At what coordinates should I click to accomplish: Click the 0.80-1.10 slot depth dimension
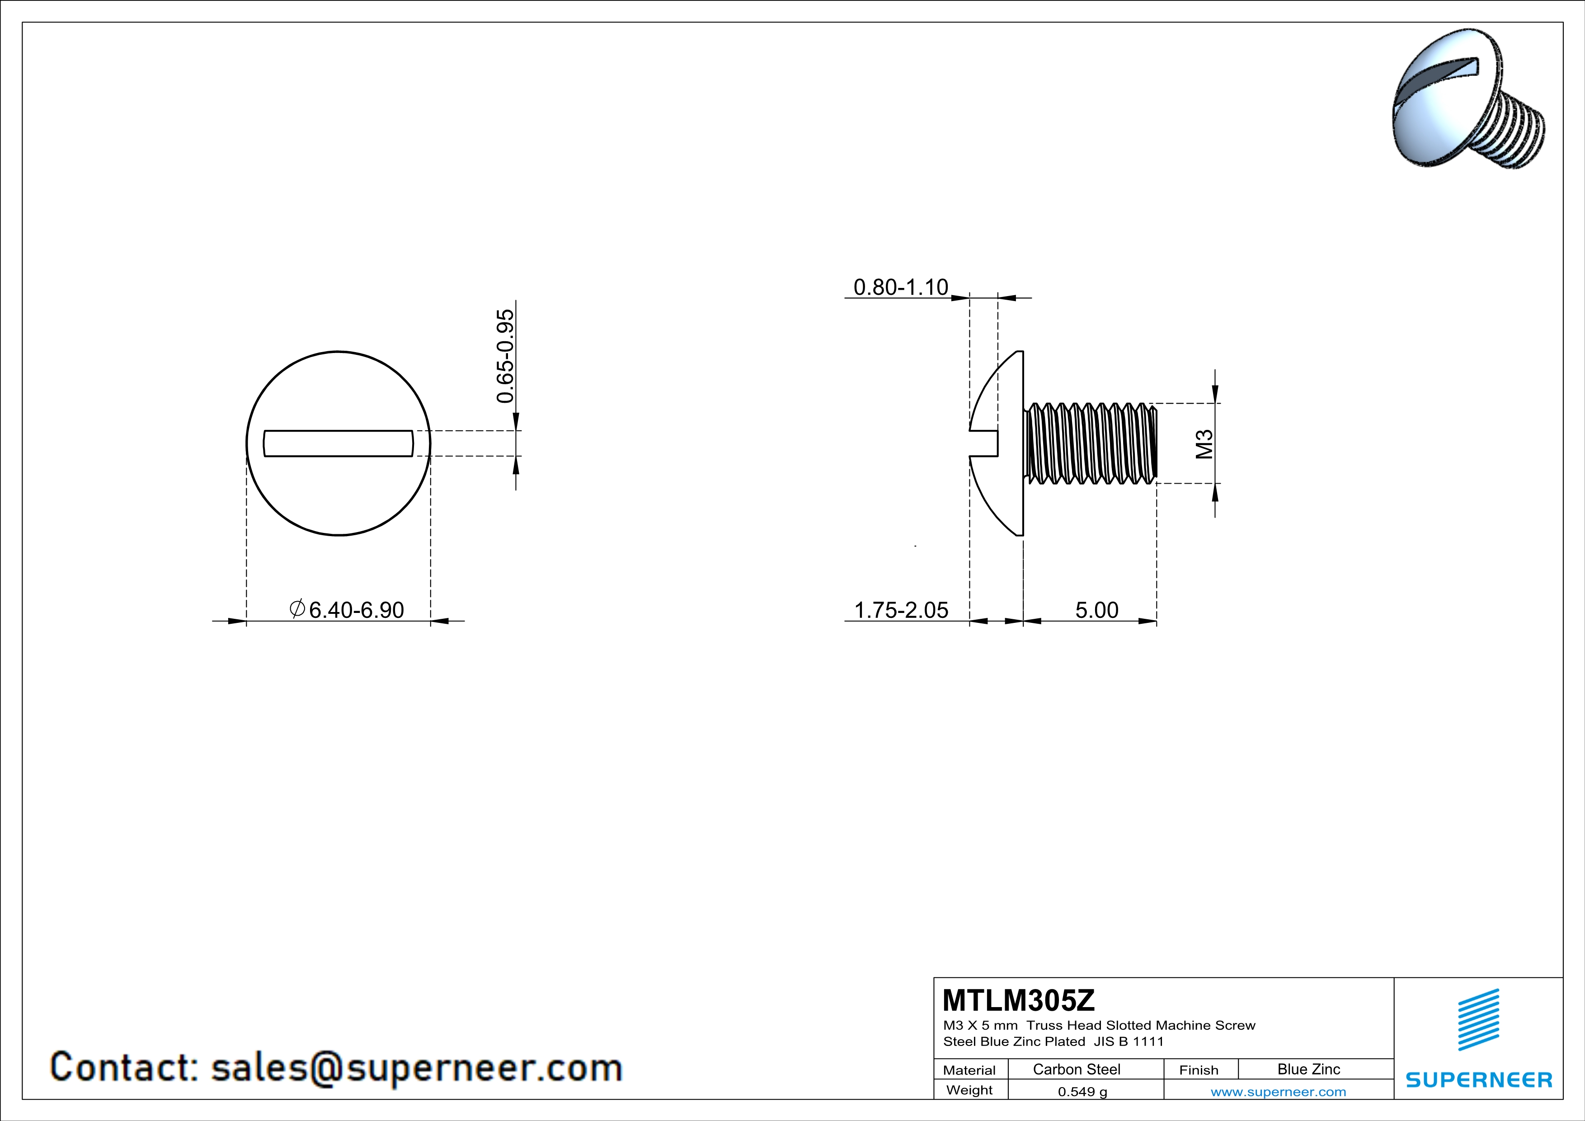coord(900,287)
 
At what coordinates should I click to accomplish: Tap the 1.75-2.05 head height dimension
coord(901,610)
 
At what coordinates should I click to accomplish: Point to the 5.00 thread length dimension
coord(1096,610)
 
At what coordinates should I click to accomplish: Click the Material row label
coord(969,1070)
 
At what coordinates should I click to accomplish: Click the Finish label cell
coord(1199,1070)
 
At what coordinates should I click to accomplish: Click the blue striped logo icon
coord(1478,1020)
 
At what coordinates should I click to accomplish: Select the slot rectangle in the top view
coord(338,443)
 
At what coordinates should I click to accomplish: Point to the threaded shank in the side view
coord(1091,443)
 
